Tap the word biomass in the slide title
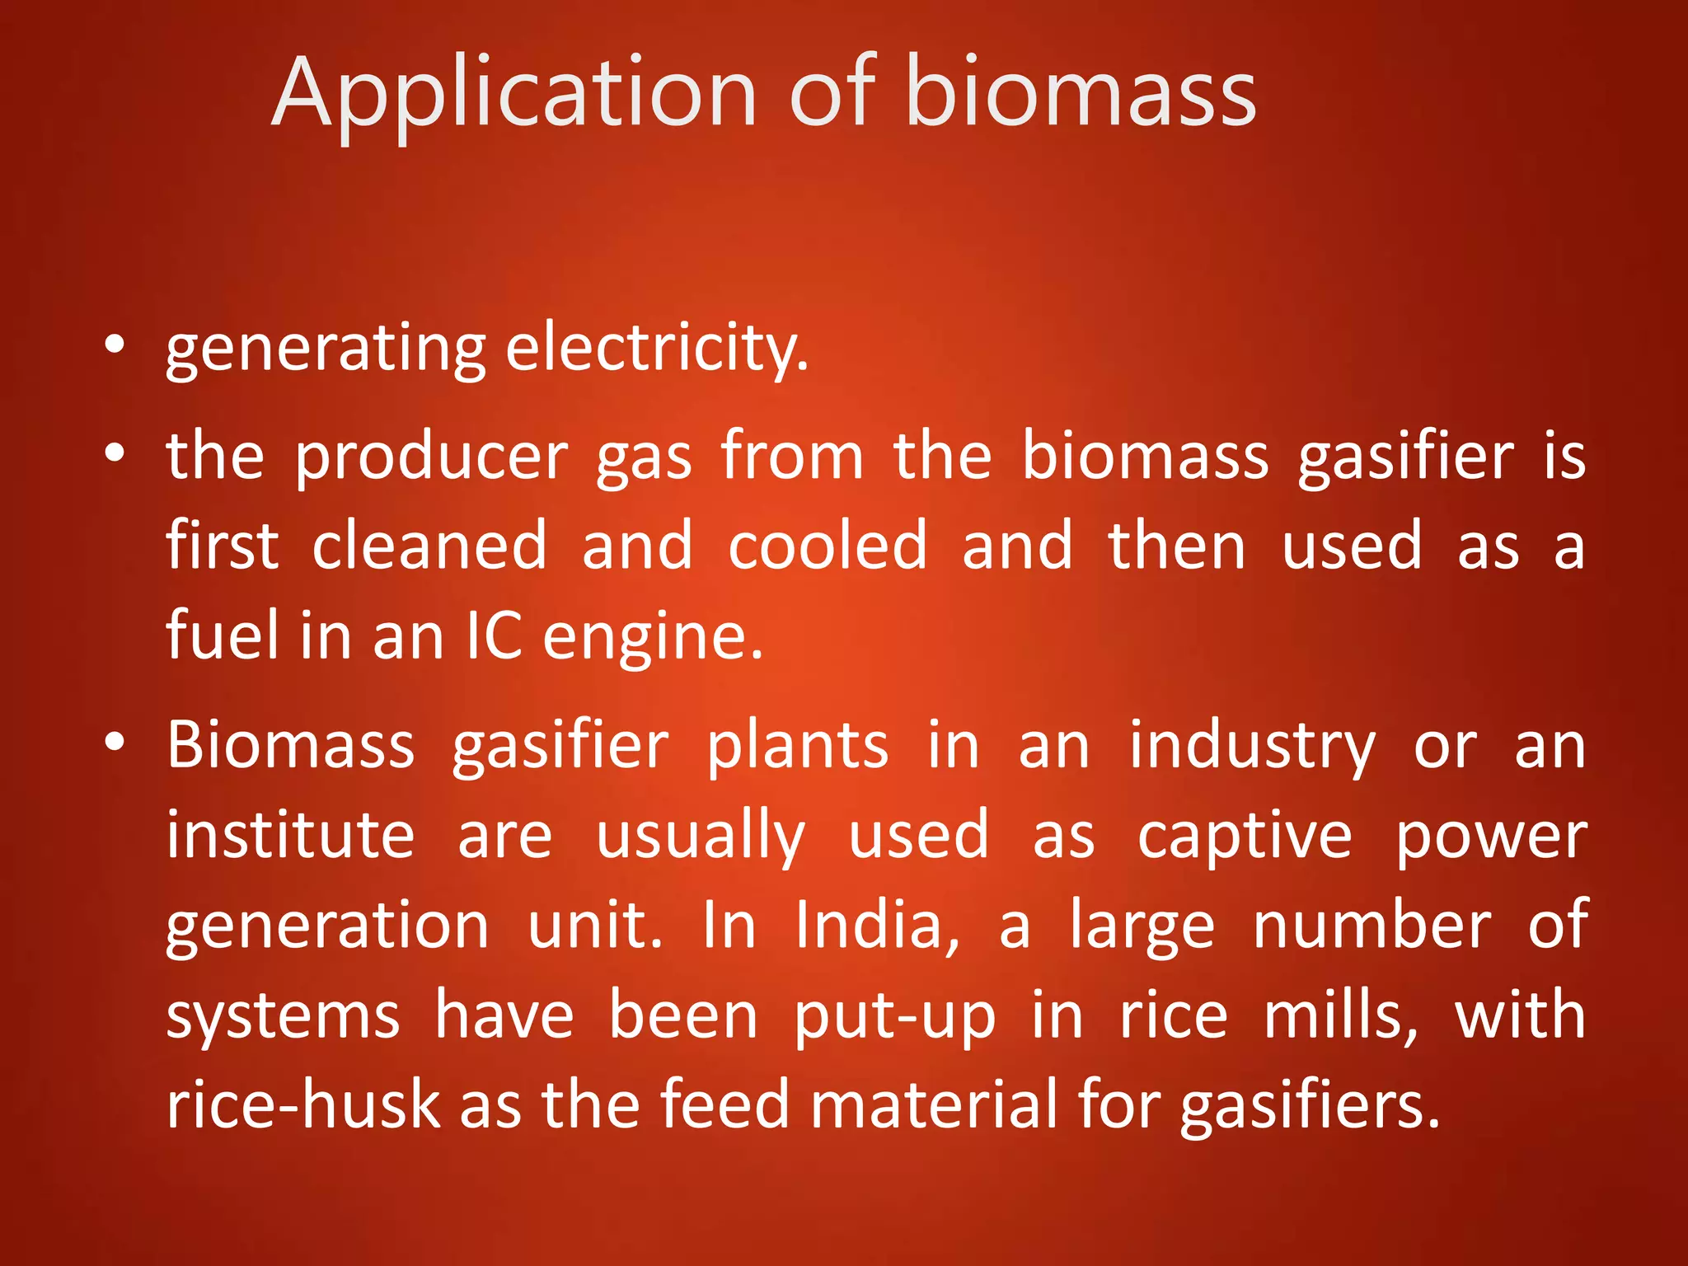[x=1080, y=92]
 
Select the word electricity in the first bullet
[x=656, y=349]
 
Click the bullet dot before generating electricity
[x=115, y=345]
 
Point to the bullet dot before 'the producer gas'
[x=115, y=452]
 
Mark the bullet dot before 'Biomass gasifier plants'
[x=115, y=742]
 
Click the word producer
[x=431, y=458]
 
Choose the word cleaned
[x=429, y=546]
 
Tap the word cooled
[x=828, y=546]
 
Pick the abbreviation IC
[x=494, y=635]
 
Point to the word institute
[x=290, y=835]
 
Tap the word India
[x=878, y=926]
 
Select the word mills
[x=1341, y=1016]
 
